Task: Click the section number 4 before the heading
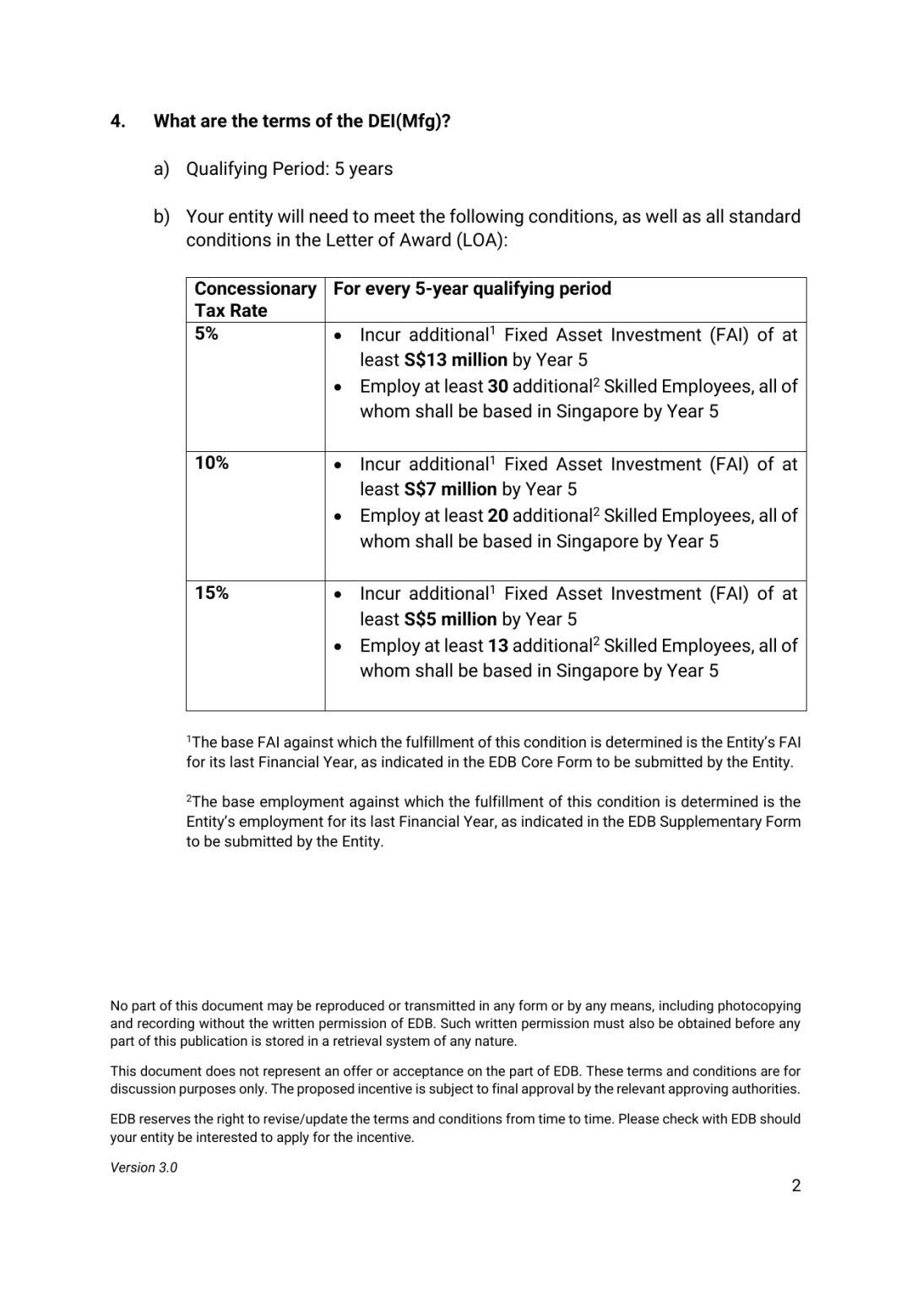[x=117, y=121]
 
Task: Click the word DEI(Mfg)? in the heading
[x=409, y=121]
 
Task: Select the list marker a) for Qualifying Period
[x=161, y=169]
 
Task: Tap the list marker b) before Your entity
[x=161, y=217]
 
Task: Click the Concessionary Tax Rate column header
[x=255, y=299]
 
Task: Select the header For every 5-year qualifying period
[x=472, y=289]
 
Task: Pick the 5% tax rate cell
[x=207, y=334]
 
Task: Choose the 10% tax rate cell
[x=211, y=463]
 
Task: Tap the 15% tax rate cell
[x=211, y=593]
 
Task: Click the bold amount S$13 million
[x=456, y=360]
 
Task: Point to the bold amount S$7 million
[x=450, y=489]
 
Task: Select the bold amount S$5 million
[x=450, y=619]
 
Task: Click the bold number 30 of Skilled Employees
[x=497, y=386]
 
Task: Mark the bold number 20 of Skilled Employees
[x=497, y=515]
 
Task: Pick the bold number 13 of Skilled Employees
[x=497, y=645]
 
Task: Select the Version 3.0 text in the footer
[x=144, y=1167]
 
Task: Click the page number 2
[x=795, y=1186]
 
